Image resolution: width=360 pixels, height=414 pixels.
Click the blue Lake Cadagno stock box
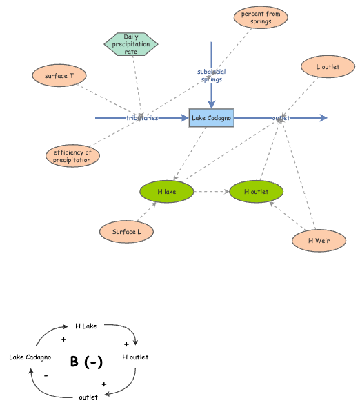[x=212, y=118]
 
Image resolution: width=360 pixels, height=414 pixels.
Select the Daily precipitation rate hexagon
[x=131, y=44]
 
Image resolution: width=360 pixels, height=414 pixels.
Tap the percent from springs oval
[x=261, y=17]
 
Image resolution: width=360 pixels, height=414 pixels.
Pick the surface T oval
[x=59, y=75]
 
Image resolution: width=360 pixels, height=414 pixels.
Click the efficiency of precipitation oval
[x=72, y=156]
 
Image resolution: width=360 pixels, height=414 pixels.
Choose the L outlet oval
[x=328, y=67]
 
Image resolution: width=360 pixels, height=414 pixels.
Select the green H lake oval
[x=166, y=191]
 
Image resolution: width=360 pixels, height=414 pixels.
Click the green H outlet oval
[x=256, y=191]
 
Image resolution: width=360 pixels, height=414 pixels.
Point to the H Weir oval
[x=318, y=240]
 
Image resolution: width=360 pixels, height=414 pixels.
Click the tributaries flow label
[x=142, y=118]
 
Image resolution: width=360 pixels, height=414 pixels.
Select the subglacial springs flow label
[x=212, y=75]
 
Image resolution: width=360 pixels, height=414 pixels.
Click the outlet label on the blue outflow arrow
[x=281, y=118]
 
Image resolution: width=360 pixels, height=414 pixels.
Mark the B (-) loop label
[x=86, y=362]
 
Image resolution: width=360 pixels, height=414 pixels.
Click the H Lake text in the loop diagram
[x=86, y=326]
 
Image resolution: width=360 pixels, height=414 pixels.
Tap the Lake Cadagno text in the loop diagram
[x=30, y=357]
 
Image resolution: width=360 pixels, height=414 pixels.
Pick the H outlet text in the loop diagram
[x=135, y=357]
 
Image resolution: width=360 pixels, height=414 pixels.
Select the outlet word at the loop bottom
[x=88, y=397]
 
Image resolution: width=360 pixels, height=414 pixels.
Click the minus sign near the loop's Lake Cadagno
[x=46, y=376]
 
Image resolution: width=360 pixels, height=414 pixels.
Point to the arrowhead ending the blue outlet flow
[x=323, y=118]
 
